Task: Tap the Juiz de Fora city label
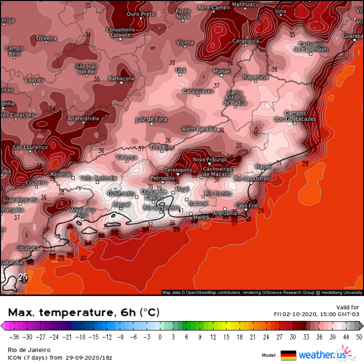coord(151,119)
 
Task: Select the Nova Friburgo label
coord(210,159)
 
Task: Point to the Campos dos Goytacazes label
coord(295,116)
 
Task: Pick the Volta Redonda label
coord(99,178)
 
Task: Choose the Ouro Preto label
coord(140,14)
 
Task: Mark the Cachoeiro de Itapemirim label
coord(311,47)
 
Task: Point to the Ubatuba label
coord(28,248)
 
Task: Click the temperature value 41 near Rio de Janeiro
coord(181,211)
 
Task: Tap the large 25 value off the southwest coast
coord(23,277)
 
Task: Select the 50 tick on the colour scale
coord(358,336)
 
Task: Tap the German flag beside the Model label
coord(288,355)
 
